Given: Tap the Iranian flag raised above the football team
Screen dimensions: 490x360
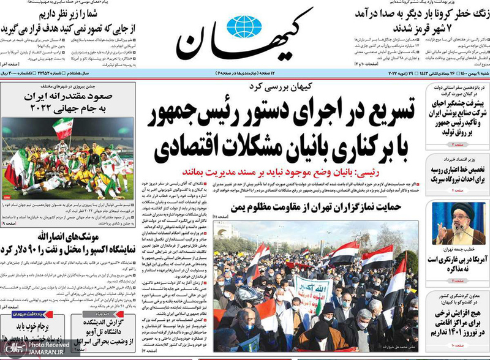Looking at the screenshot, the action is (x=62, y=127).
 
